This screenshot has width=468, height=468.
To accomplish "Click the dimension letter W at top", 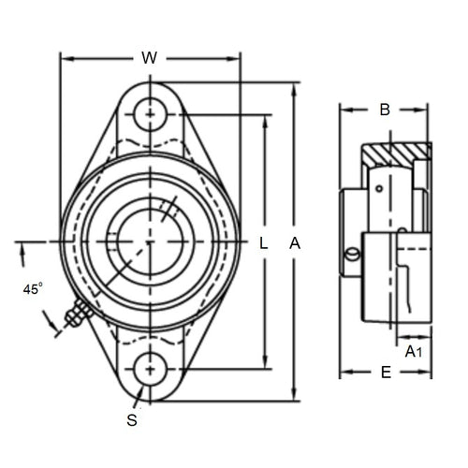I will [x=149, y=58].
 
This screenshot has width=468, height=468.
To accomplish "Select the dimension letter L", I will [x=264, y=243].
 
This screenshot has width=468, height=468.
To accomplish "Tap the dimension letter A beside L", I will [x=295, y=243].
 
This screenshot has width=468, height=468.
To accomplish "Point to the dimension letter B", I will [x=384, y=110].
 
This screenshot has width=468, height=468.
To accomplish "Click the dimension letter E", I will [x=385, y=372].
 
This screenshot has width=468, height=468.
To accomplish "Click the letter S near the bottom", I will [x=132, y=420].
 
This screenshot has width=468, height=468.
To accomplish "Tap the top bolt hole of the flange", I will [x=150, y=115].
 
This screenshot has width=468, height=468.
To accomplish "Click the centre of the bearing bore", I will [x=150, y=242].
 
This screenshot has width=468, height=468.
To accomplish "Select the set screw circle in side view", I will [x=351, y=255].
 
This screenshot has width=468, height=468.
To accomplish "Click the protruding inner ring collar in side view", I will [x=350, y=234].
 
